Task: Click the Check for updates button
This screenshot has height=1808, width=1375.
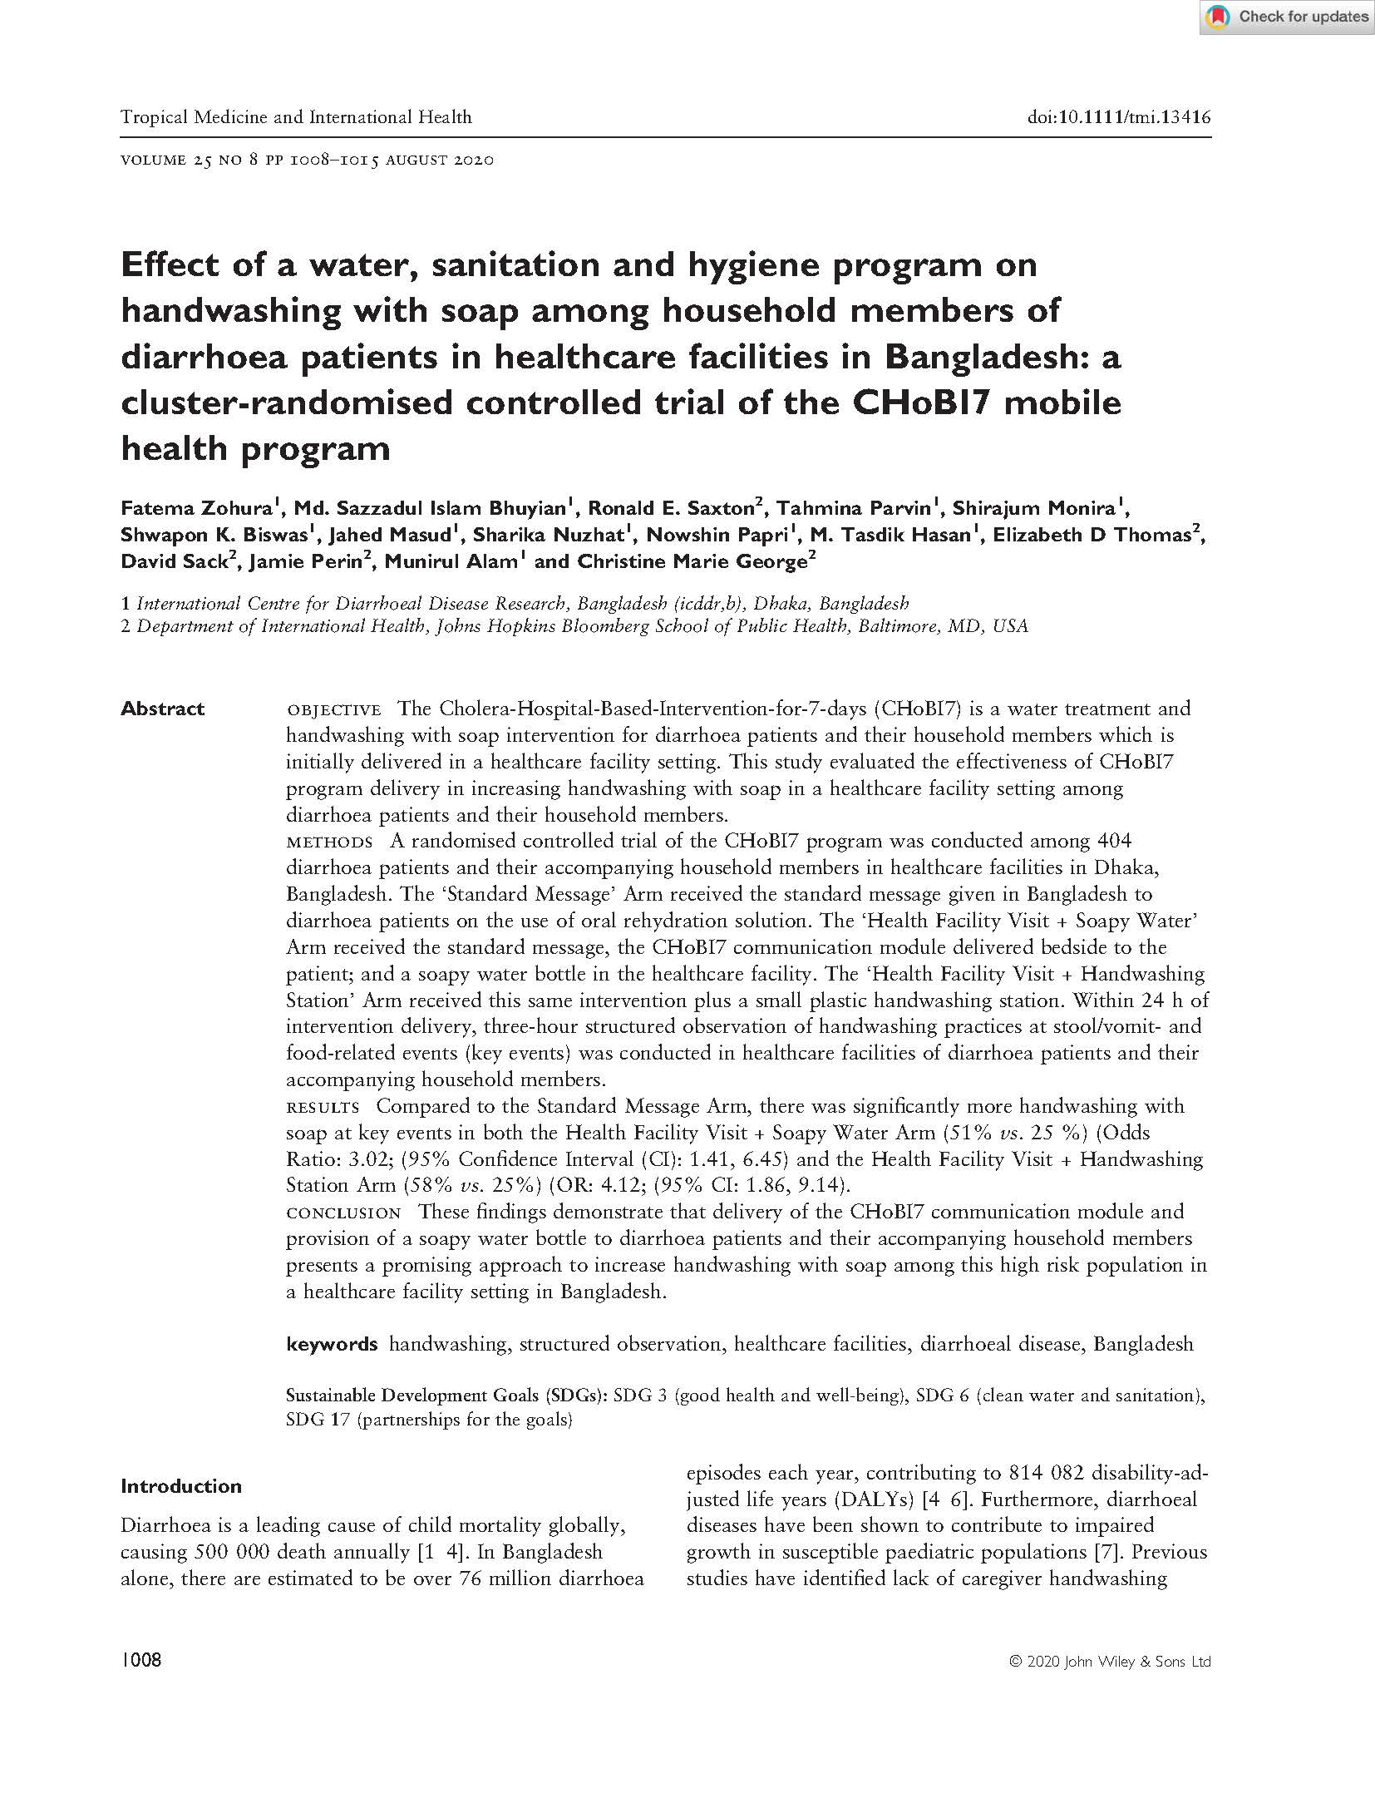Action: pyautogui.click(x=1285, y=17)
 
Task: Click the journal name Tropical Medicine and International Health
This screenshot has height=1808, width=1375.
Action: pyautogui.click(x=296, y=117)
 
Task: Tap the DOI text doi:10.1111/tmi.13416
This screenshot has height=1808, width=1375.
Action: pyautogui.click(x=1119, y=117)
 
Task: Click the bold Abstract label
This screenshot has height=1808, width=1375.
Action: pyautogui.click(x=162, y=709)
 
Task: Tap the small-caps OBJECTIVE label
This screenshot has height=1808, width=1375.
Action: pyautogui.click(x=333, y=709)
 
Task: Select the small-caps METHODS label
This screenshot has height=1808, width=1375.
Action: pyautogui.click(x=329, y=842)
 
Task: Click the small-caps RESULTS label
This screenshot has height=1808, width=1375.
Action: pyautogui.click(x=323, y=1107)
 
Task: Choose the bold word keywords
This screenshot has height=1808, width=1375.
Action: pyautogui.click(x=332, y=1344)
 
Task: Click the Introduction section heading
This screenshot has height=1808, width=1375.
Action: pyautogui.click(x=181, y=1486)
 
